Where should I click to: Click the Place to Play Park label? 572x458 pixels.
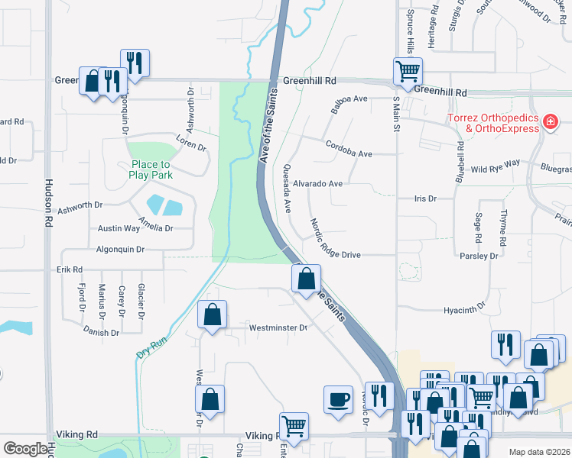(x=151, y=169)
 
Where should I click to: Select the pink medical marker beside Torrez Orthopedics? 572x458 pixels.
(x=550, y=121)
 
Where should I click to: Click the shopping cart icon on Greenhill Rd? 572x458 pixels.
(x=408, y=71)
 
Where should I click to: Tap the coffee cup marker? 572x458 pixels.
(x=338, y=398)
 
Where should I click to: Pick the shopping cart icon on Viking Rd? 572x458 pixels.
(x=293, y=426)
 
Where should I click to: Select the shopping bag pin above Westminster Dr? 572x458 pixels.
(x=212, y=314)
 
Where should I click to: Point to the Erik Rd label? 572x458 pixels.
(x=69, y=269)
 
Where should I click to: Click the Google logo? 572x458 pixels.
(x=25, y=449)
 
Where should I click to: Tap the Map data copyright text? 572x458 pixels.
(x=538, y=452)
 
